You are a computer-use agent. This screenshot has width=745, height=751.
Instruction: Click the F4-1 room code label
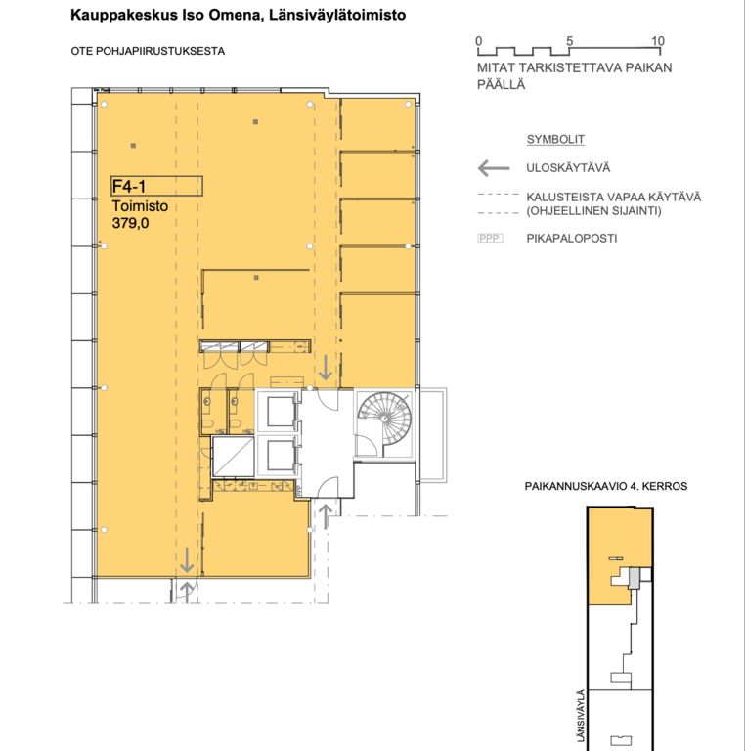[x=129, y=186]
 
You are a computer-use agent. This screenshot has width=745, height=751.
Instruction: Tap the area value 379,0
[x=130, y=223]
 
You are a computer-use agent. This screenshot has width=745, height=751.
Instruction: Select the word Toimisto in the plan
[x=140, y=206]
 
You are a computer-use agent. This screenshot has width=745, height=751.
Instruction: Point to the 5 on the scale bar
[x=569, y=41]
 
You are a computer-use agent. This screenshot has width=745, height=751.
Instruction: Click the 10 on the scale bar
[x=658, y=41]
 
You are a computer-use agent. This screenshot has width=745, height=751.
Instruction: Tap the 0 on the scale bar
[x=479, y=41]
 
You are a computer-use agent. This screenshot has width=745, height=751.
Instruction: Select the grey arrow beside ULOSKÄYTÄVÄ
[x=494, y=168]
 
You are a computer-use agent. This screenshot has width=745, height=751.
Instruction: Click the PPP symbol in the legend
[x=490, y=238]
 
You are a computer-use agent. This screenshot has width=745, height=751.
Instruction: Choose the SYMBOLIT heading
[x=555, y=140]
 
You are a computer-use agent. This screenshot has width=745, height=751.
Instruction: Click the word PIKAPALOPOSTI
[x=572, y=238]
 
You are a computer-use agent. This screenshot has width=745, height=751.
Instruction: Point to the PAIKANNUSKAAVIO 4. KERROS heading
[x=605, y=486]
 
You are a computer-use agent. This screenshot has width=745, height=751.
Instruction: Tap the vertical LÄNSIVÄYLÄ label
[x=581, y=716]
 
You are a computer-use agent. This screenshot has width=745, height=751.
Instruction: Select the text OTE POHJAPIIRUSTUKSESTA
[x=148, y=51]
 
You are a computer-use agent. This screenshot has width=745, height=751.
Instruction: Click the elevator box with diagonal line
[x=233, y=457]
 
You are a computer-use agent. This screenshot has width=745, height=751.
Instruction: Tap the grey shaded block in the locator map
[x=634, y=578]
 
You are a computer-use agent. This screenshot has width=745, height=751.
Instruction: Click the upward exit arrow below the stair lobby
[x=326, y=516]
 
